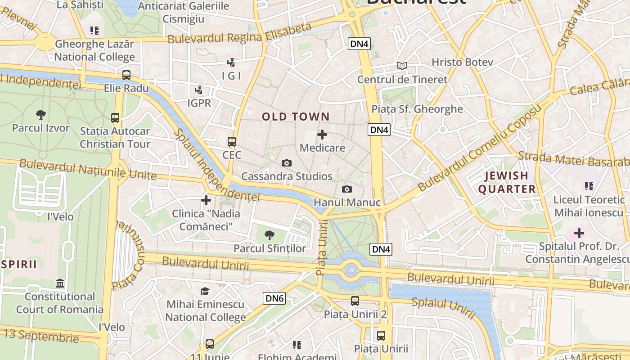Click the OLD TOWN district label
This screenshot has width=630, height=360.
[296, 117]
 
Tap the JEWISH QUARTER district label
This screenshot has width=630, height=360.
[507, 182]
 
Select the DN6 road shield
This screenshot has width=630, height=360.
[274, 298]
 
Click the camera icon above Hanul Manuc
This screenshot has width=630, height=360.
[346, 189]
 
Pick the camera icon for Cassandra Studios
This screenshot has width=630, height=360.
[287, 163]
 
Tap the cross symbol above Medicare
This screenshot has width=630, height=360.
[322, 135]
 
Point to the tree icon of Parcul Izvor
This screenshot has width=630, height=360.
[41, 115]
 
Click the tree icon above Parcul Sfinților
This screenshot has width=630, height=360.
[270, 234]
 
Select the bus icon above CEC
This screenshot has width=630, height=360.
[232, 142]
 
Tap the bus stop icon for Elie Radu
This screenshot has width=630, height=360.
[126, 75]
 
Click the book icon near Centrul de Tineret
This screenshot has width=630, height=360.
[402, 66]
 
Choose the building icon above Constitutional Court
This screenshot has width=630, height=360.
[59, 283]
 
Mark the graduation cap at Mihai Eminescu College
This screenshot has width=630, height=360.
[205, 291]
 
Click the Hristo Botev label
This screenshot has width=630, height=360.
[463, 62]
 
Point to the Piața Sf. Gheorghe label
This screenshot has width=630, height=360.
[417, 109]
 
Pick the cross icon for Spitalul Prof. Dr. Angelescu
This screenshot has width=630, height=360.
[579, 233]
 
